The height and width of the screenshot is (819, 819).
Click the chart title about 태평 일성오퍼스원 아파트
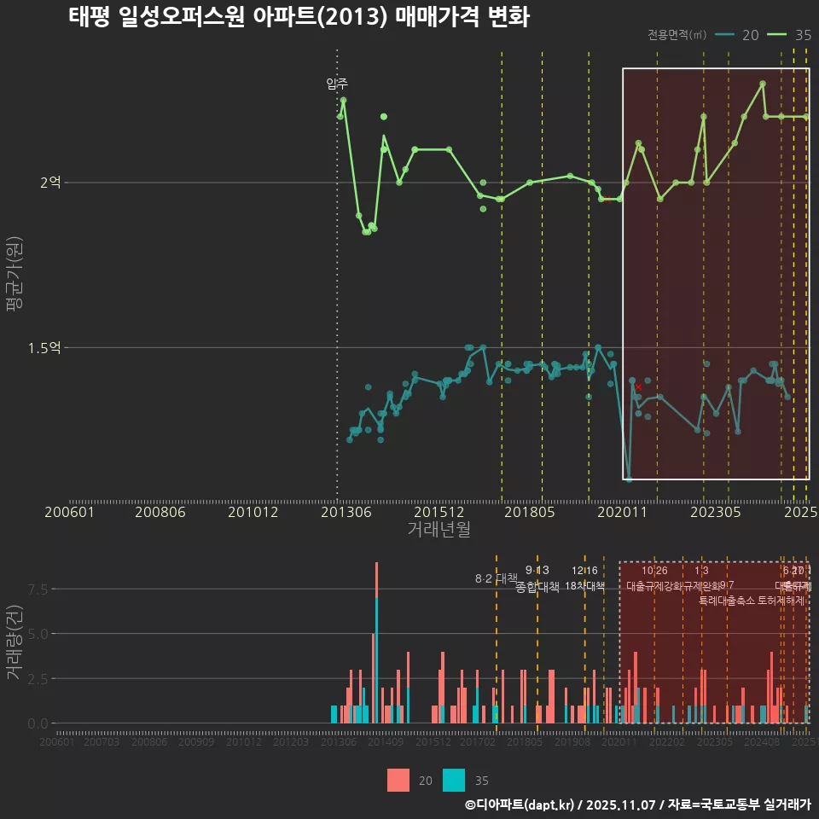[x=299, y=17]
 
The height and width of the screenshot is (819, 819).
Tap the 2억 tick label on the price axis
[x=49, y=183]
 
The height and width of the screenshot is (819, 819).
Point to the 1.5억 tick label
[x=44, y=348]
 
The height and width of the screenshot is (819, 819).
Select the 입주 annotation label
[x=337, y=84]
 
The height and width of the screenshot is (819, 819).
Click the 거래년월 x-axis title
[x=439, y=529]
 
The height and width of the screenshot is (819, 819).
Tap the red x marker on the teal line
[x=638, y=387]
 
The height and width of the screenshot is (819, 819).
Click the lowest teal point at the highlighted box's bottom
[x=629, y=479]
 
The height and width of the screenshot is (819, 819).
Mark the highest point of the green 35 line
[x=763, y=84]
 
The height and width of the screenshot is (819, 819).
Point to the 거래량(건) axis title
[x=15, y=642]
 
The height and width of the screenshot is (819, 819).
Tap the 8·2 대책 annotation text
[x=497, y=578]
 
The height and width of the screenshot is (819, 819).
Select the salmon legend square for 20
[x=398, y=780]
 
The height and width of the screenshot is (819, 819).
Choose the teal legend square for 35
[x=455, y=780]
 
